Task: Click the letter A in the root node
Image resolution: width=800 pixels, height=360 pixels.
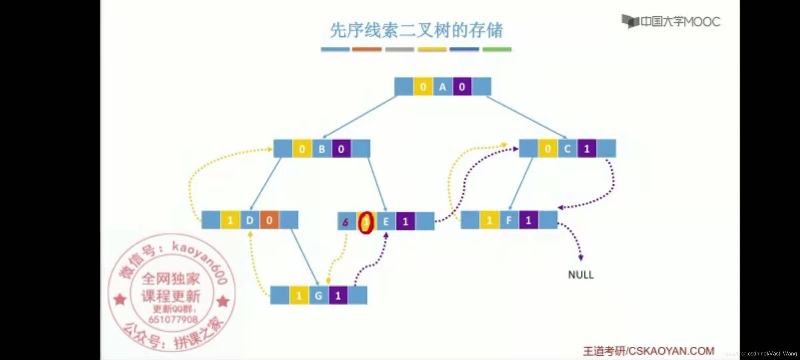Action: coord(443,87)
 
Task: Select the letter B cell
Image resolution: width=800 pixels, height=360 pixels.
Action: coord(322,149)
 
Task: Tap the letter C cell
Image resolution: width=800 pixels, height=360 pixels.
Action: coord(567,149)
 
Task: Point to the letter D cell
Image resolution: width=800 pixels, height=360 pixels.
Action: coord(250,220)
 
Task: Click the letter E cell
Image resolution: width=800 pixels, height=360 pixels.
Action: coord(386,222)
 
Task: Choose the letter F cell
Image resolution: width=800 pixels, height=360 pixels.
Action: coord(509,220)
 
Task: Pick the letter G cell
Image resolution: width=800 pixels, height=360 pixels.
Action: coord(319,296)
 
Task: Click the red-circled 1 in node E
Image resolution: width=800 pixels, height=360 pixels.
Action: coord(366,222)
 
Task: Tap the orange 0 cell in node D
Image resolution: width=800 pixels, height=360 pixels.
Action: coord(269,220)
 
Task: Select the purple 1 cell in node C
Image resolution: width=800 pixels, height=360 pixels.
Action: coord(587,149)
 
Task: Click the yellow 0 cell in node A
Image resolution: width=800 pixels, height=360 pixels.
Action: coord(423,87)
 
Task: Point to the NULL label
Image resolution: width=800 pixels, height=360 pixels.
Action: coord(581,275)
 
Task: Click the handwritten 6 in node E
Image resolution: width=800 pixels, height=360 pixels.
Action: coord(346,222)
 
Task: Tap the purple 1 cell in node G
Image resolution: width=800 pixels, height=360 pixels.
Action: coord(338,296)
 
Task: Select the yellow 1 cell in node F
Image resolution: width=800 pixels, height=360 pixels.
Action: coord(490,220)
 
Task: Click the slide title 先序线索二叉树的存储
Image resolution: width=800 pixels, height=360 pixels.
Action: coord(416,31)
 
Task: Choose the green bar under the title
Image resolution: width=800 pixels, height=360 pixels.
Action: coord(497,49)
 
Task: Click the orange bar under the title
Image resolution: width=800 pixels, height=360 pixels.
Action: coord(367,49)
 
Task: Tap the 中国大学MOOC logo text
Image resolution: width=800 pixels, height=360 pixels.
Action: coord(680,22)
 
